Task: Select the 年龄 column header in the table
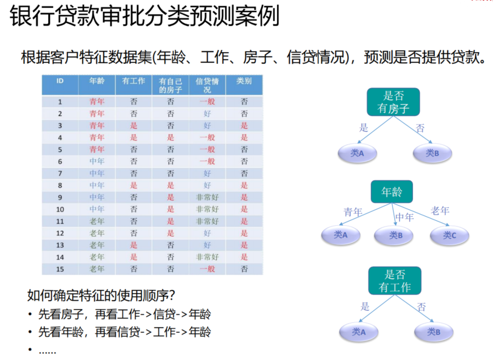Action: [x=97, y=81]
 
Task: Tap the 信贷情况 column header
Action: [x=207, y=85]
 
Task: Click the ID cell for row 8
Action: [x=60, y=185]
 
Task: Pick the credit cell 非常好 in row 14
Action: [x=207, y=257]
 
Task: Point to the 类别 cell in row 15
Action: [x=244, y=269]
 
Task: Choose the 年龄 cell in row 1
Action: [x=97, y=102]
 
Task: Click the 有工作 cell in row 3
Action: [x=133, y=125]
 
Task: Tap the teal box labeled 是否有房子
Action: [x=393, y=102]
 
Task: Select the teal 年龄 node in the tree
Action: [x=392, y=192]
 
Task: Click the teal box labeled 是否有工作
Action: [x=395, y=281]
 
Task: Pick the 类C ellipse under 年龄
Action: [x=449, y=236]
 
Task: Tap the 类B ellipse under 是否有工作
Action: [x=433, y=332]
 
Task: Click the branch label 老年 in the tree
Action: [x=440, y=211]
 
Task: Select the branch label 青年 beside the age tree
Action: [x=353, y=212]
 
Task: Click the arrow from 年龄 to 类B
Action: [x=394, y=214]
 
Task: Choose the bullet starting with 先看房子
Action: [x=124, y=314]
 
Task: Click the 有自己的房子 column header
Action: [x=170, y=85]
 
